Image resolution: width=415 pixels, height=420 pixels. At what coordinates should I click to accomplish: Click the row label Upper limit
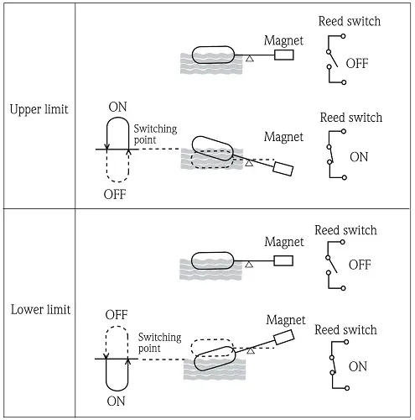[39, 109]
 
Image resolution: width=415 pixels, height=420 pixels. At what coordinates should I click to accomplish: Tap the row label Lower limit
[40, 310]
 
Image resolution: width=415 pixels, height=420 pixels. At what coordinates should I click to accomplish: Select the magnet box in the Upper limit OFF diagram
[284, 55]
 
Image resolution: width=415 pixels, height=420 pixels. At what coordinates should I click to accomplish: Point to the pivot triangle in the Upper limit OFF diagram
[250, 59]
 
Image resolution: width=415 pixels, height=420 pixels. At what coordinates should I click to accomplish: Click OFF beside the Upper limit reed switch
[357, 64]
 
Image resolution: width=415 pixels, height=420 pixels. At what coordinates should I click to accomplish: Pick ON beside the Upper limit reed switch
[359, 157]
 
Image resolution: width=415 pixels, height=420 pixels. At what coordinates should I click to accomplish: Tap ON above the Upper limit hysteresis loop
[117, 107]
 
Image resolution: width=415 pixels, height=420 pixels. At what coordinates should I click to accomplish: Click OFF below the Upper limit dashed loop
[115, 194]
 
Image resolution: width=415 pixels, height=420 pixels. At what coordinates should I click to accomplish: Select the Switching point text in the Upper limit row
[155, 134]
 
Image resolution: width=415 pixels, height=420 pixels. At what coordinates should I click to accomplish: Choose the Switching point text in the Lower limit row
[160, 343]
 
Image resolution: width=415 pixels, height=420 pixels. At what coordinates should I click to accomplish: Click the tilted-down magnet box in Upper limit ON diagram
[283, 169]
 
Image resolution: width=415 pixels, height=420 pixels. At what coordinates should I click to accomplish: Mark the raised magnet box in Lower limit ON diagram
[284, 337]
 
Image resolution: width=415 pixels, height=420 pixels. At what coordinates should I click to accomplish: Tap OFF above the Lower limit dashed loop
[117, 315]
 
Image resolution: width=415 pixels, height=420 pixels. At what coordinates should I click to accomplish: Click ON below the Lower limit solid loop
[116, 402]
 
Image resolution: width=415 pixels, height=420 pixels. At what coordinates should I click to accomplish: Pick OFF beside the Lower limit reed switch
[360, 265]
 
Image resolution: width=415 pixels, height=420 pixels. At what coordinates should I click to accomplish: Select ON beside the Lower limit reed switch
[358, 366]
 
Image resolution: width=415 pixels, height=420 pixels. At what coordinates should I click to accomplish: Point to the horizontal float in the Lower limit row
[213, 260]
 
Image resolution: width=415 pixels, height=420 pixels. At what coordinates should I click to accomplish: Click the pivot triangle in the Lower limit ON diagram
[251, 350]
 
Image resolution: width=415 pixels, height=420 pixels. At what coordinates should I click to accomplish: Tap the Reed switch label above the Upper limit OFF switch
[350, 21]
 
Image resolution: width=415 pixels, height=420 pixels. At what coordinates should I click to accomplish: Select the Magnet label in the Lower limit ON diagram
[286, 320]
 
